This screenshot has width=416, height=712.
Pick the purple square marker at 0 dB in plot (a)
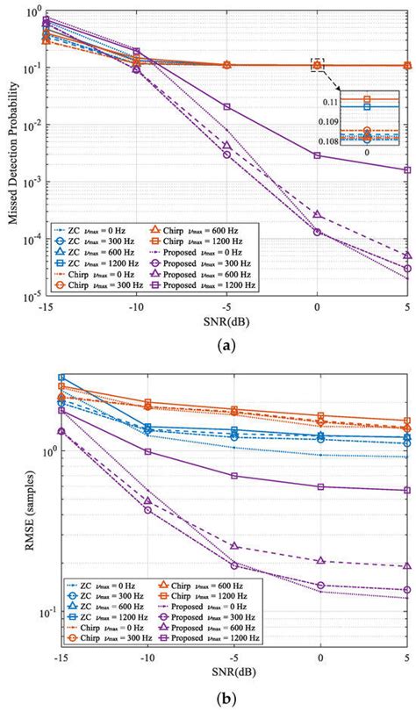318,155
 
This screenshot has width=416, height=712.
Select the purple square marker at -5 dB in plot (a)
227,106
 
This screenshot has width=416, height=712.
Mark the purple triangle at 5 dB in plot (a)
406,255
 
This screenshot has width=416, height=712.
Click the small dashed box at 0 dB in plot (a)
318,64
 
